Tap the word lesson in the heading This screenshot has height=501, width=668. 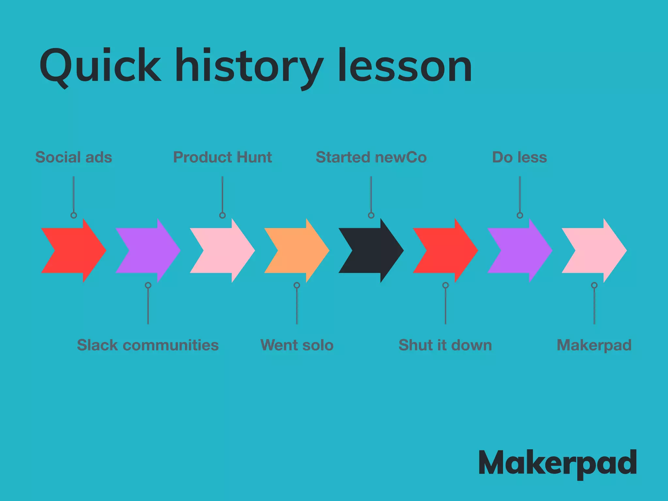click(405, 66)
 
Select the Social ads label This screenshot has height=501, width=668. click(74, 157)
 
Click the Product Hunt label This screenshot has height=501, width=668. click(222, 157)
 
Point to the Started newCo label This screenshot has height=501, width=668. click(371, 157)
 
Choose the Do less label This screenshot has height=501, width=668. click(520, 157)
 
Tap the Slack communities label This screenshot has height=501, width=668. click(148, 345)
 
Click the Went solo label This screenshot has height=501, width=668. click(297, 345)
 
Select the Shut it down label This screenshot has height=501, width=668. click(445, 345)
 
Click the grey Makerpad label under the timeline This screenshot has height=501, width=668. click(594, 345)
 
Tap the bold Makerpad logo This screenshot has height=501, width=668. click(557, 463)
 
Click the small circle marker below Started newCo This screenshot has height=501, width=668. click(371, 215)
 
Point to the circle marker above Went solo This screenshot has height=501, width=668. click(297, 285)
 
